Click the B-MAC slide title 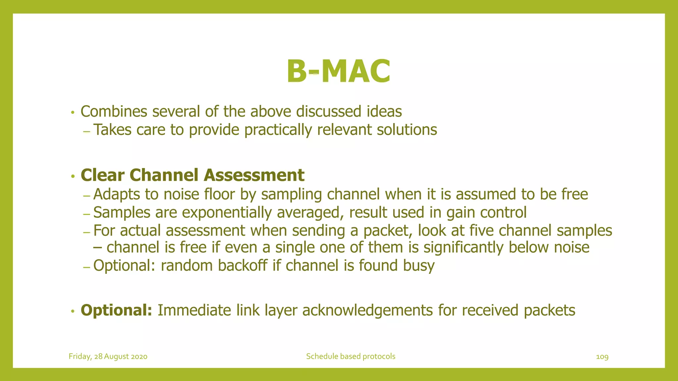coord(338,71)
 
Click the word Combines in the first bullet coord(114,111)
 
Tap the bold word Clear coord(102,175)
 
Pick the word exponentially coord(227,213)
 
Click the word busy coord(419,266)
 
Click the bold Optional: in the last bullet coord(116,311)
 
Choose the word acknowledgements coord(367,311)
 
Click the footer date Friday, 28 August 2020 coord(108,357)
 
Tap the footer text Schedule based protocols coord(351,357)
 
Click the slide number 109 coord(602,357)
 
